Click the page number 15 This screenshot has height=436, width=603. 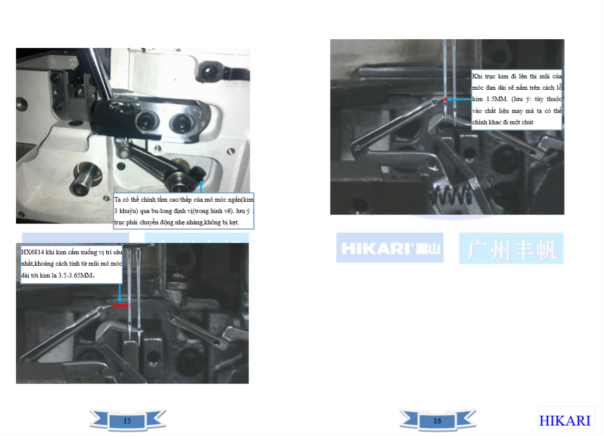[127, 421]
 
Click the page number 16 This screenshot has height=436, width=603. [437, 421]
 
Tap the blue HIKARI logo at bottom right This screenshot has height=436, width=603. [564, 421]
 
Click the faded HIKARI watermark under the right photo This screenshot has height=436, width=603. [390, 248]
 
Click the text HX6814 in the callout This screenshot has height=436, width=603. [32, 252]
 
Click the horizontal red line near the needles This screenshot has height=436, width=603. [120, 305]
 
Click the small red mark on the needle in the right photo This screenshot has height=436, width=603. [445, 99]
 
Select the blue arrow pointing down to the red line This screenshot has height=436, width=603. [120, 293]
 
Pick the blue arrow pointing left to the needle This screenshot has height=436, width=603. [459, 99]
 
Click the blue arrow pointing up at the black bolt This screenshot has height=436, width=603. [201, 187]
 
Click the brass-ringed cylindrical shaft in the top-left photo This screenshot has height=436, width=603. [85, 179]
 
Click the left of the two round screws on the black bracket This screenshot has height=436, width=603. [146, 121]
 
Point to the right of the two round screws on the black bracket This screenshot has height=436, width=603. [180, 123]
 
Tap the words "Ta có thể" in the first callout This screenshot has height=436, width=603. [126, 199]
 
